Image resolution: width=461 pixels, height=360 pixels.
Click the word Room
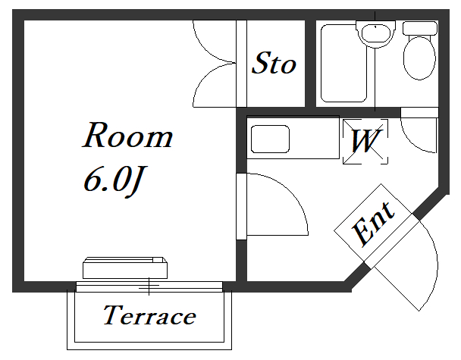pyautogui.click(x=127, y=135)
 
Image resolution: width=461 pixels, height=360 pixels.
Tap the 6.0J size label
pyautogui.click(x=114, y=181)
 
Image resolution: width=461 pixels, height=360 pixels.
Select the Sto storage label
pyautogui.click(x=274, y=63)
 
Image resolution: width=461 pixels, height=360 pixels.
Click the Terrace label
pyautogui.click(x=149, y=315)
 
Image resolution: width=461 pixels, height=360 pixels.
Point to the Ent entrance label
pyautogui.click(x=373, y=224)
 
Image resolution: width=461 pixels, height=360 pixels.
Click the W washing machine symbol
pyautogui.click(x=365, y=142)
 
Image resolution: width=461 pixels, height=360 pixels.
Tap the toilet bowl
pyautogui.click(x=419, y=58)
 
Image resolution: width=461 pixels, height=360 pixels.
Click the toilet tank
pyautogui.click(x=420, y=28)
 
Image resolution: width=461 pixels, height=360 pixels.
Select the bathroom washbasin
pyautogui.click(x=375, y=34)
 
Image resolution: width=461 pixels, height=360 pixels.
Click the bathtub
pyautogui.click(x=343, y=63)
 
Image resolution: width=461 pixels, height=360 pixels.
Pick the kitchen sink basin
pyautogui.click(x=270, y=139)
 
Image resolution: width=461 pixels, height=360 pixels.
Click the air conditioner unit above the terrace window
pyautogui.click(x=125, y=268)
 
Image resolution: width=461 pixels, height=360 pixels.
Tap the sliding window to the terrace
pyautogui.click(x=149, y=286)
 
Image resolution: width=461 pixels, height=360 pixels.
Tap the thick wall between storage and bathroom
pyautogui.click(x=310, y=64)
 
